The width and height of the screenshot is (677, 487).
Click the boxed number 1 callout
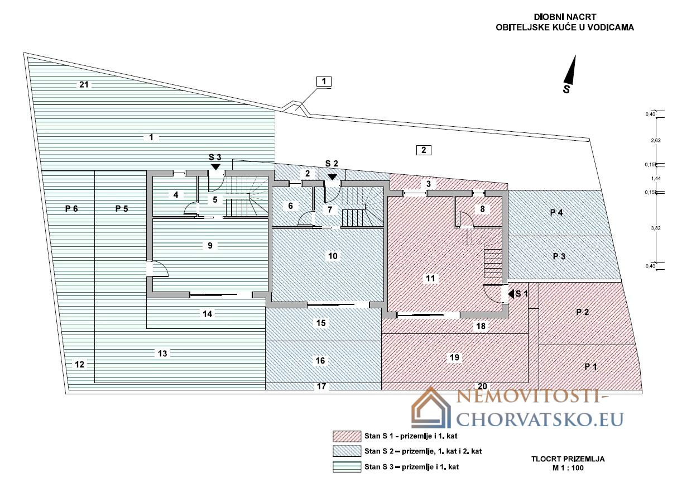[324, 82]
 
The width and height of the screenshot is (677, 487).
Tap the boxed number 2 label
[424, 150]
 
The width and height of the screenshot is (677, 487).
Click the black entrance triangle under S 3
[215, 166]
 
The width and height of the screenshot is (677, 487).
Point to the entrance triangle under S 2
[332, 177]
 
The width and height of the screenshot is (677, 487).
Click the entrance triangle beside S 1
[511, 294]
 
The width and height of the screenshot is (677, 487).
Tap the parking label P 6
[71, 208]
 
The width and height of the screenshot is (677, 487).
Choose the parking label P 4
[556, 213]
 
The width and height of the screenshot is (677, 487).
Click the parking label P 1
[590, 366]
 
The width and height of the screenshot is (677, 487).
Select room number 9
[210, 245]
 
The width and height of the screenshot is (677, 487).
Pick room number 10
[333, 256]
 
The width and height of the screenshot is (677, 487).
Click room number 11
[430, 278]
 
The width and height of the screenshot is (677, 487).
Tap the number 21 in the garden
[84, 84]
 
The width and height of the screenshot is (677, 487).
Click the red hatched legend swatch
[347, 436]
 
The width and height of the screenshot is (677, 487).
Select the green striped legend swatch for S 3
[347, 466]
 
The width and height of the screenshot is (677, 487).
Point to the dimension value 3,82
[656, 228]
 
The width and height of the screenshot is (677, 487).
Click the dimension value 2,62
[656, 140]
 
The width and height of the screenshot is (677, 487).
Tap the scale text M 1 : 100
[568, 468]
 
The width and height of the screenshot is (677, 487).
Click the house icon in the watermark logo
[431, 408]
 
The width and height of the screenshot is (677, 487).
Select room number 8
[482, 209]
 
